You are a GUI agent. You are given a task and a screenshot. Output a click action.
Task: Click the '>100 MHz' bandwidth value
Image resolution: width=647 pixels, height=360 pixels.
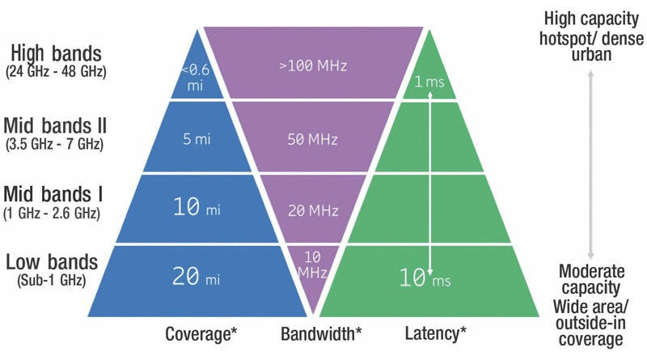pos(313,66)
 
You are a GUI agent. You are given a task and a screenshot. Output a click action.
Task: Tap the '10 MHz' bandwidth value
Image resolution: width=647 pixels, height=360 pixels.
pos(313,265)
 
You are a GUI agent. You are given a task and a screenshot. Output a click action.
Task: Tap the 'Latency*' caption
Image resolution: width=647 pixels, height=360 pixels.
pos(435,332)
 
